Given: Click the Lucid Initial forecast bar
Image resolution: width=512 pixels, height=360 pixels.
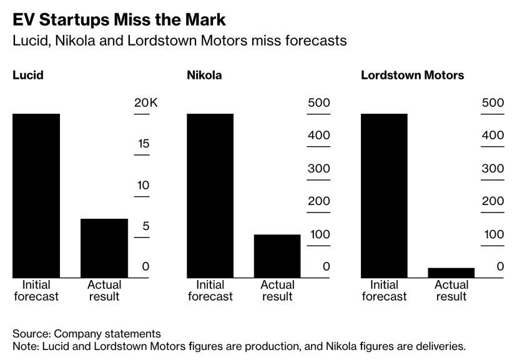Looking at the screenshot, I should pyautogui.click(x=36, y=196).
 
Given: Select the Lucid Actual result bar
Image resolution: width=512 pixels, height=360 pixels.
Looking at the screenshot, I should pyautogui.click(x=104, y=248).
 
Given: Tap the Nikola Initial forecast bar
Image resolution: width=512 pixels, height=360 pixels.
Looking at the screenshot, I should pyautogui.click(x=210, y=196).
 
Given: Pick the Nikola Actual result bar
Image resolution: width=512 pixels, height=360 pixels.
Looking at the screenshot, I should pyautogui.click(x=277, y=256).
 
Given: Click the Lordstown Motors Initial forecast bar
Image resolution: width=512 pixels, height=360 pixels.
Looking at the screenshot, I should pyautogui.click(x=384, y=196).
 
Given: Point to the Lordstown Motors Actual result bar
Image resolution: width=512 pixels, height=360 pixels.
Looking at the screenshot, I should pyautogui.click(x=451, y=272).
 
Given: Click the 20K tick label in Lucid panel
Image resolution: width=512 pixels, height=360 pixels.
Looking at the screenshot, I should pyautogui.click(x=146, y=102).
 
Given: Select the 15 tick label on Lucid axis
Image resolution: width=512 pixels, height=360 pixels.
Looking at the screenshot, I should pyautogui.click(x=144, y=144).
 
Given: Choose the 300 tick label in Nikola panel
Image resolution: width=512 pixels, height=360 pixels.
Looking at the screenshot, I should pyautogui.click(x=318, y=169).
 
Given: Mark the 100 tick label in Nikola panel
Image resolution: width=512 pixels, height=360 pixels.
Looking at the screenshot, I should pyautogui.click(x=318, y=234).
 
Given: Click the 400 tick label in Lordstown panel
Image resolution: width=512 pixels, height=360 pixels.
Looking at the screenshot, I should pyautogui.click(x=492, y=135).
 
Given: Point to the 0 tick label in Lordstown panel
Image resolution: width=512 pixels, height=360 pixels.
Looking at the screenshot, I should pyautogui.click(x=500, y=267).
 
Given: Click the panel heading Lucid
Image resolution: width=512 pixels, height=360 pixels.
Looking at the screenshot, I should pyautogui.click(x=28, y=76).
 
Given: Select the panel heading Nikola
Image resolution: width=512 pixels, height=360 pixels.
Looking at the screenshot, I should pyautogui.click(x=204, y=76).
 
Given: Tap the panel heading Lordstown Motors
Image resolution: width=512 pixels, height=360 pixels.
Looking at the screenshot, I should pyautogui.click(x=412, y=76).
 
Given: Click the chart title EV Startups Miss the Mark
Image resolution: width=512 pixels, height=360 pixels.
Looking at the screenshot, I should pyautogui.click(x=119, y=19).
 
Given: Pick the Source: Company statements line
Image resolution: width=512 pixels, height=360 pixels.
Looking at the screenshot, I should pyautogui.click(x=87, y=334).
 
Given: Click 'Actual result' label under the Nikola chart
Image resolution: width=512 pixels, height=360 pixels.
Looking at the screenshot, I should pyautogui.click(x=277, y=290).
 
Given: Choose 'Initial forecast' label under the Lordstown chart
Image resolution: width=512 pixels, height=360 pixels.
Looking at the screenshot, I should pyautogui.click(x=384, y=290).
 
